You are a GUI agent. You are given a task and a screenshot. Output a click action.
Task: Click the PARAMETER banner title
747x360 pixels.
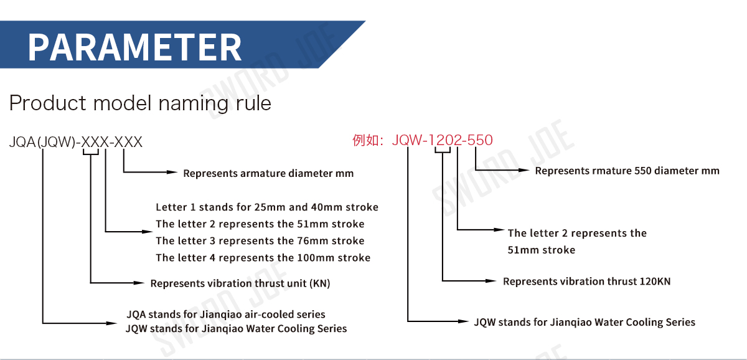(134, 47)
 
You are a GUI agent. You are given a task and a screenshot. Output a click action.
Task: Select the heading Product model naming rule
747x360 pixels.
(140, 103)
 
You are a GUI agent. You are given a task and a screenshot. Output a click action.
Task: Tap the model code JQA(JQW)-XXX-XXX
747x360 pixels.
(76, 142)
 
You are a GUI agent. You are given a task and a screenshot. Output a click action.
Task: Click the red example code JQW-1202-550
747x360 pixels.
(442, 140)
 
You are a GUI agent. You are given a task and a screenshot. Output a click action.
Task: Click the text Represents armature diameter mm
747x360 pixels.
(268, 174)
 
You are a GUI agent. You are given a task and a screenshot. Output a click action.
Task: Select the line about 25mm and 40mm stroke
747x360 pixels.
(267, 207)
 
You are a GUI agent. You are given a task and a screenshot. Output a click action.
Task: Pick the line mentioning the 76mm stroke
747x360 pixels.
(260, 241)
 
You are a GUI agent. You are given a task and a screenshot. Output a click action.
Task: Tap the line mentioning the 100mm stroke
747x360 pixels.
(263, 258)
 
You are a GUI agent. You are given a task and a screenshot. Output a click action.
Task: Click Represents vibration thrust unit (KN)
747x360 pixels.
(240, 283)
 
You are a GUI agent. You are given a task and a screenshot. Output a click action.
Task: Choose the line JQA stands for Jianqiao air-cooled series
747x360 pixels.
(225, 315)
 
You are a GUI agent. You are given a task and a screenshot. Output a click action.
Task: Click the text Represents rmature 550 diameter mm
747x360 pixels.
(627, 171)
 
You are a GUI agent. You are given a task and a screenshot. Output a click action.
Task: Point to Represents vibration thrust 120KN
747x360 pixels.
(586, 282)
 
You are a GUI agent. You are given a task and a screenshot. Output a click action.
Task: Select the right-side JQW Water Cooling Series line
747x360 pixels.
(585, 322)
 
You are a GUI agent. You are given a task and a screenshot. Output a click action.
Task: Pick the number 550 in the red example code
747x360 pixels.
(480, 140)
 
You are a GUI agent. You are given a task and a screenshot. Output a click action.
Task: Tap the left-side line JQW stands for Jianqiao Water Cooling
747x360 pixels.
(236, 329)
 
